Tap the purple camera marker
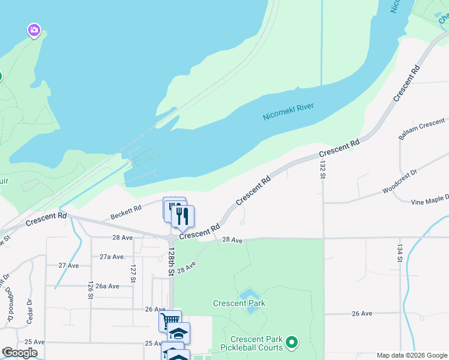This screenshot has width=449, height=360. click(34, 30)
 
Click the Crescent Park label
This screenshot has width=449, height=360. click(239, 303)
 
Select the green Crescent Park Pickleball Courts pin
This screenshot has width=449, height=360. click(292, 343)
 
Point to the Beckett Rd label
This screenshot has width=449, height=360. click(126, 212)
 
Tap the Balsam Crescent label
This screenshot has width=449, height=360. click(421, 129)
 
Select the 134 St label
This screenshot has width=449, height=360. click(399, 253)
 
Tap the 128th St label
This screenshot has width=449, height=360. click(171, 261)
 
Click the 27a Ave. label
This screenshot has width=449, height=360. click(112, 256)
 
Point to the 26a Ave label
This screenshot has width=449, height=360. click(107, 286)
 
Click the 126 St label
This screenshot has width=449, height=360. click(90, 290)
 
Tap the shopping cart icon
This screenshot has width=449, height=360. click(170, 320)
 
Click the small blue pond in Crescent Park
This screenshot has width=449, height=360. click(249, 295)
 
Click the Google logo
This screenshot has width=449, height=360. click(20, 353)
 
